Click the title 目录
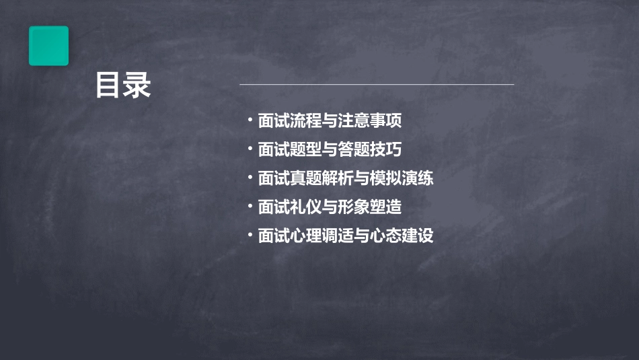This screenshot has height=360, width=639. point(123,85)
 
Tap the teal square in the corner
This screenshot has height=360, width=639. point(48,46)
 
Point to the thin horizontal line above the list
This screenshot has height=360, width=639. point(377,85)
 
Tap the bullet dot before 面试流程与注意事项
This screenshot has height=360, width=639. point(250,121)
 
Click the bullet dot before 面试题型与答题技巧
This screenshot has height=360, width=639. point(250,149)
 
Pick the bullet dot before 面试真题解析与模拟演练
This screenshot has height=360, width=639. point(250,178)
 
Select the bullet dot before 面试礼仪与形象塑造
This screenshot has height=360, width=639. point(250,206)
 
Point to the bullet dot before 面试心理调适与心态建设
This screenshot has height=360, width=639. point(250,235)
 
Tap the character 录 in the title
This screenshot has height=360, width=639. point(137,85)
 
